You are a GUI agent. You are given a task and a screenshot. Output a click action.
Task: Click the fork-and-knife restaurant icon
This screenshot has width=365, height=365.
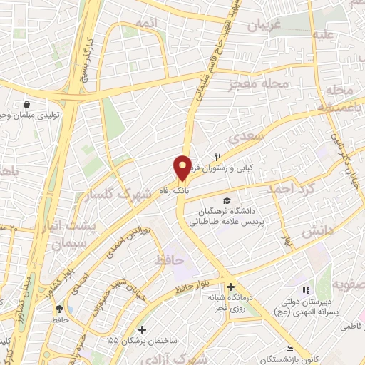coord(219,157)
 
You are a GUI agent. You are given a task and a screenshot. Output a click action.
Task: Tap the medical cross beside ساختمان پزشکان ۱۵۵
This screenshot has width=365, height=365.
coord(143,330)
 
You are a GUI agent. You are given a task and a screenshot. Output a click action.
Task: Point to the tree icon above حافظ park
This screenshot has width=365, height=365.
coord(59,309)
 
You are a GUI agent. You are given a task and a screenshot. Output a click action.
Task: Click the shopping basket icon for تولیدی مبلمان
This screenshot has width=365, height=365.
coord(26,104)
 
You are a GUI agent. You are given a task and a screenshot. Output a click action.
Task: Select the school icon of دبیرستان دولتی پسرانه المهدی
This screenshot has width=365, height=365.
coord(306,291)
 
